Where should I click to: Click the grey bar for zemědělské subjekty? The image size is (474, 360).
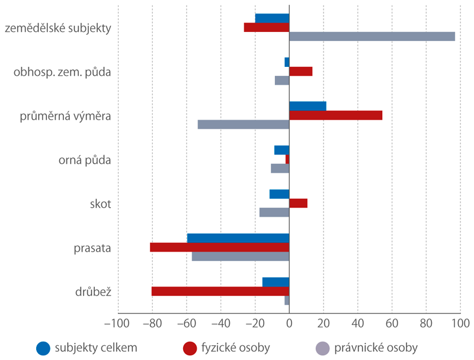click(372, 36)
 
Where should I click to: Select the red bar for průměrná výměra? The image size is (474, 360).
click(335, 115)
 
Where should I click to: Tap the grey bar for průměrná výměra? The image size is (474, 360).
click(243, 124)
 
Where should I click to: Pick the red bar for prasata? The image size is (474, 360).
click(219, 247)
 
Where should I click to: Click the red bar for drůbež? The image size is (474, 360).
click(220, 291)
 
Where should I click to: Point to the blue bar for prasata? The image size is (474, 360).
click(238, 239)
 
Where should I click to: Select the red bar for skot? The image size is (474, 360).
click(298, 203)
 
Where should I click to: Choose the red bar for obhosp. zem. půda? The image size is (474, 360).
click(300, 72)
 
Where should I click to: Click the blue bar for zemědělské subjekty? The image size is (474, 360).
click(272, 18)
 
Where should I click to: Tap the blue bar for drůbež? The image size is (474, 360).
click(276, 282)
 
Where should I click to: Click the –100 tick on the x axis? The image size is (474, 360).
click(118, 324)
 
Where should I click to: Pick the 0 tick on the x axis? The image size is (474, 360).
click(289, 324)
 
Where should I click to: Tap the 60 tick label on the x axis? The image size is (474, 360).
click(392, 324)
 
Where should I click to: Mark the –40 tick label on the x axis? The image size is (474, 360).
click(220, 324)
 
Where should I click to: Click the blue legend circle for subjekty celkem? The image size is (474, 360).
click(43, 348)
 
